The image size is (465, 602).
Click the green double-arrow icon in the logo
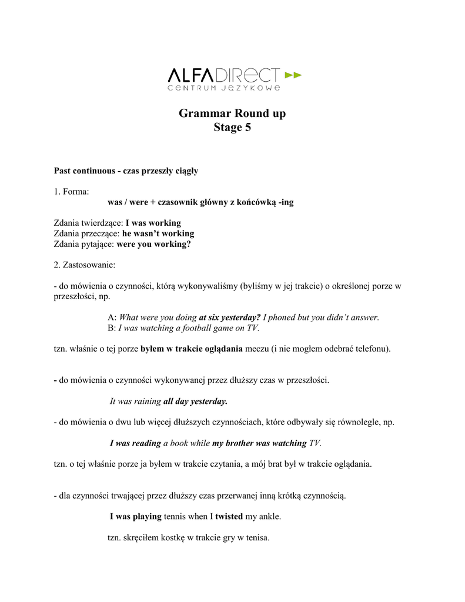293,75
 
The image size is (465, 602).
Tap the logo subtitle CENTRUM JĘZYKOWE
223,89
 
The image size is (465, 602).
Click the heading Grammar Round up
232,113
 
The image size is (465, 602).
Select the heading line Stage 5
232,128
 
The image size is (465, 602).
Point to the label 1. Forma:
71,192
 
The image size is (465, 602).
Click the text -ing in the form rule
286,202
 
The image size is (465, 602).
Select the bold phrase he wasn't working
158,233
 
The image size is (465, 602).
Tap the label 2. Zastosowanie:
85,265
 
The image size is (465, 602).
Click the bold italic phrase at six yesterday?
229,317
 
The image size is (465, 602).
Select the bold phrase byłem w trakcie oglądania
192,349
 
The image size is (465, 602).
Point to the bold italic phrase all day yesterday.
195,402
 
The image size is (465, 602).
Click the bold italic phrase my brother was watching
259,443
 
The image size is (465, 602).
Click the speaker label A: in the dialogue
112,317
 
